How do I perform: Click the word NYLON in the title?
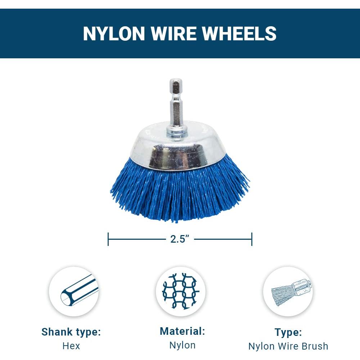click(114, 33)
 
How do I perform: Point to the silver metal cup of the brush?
click(180, 151)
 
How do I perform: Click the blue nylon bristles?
click(180, 194)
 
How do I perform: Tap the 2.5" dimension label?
click(180, 239)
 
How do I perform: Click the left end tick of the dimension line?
click(108, 239)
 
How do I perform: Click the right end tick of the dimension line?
click(252, 239)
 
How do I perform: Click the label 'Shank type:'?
click(71, 332)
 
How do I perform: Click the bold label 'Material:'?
click(183, 331)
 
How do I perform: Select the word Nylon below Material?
click(183, 345)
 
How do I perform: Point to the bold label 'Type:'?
click(288, 332)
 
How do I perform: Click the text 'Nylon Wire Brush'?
click(288, 346)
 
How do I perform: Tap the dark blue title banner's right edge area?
click(346, 33)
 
